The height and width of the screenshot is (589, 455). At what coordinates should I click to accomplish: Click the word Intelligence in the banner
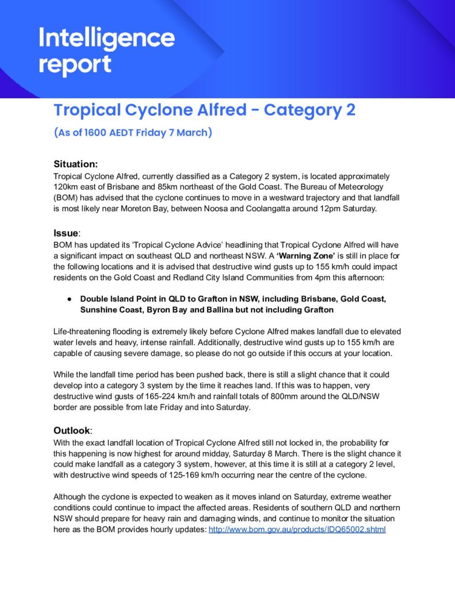pos(106,39)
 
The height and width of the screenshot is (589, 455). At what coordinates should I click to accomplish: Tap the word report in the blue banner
pos(75,64)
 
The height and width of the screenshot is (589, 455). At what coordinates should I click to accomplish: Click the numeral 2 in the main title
pos(350,110)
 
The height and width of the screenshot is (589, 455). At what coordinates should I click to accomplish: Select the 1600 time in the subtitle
pos(100,133)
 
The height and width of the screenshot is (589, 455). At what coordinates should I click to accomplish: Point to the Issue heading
pos(65,234)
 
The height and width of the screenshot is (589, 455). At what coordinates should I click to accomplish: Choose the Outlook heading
pos(72,430)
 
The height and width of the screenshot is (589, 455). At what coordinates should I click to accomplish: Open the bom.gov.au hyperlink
pos(296,529)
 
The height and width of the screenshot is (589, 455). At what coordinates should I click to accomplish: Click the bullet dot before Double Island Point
pos(68,299)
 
